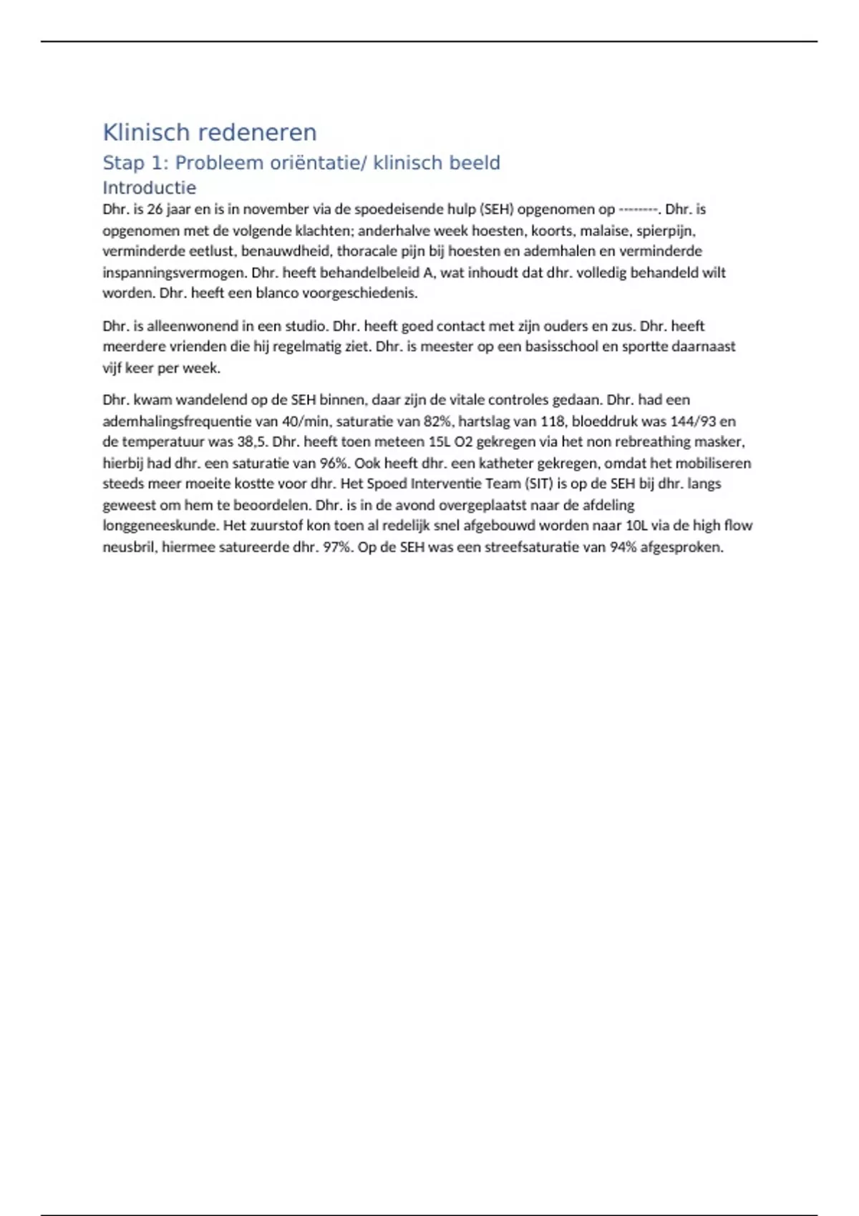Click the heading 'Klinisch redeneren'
[x=209, y=132]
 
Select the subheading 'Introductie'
[x=149, y=187]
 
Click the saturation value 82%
[x=437, y=421]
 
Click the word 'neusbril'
[x=129, y=547]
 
